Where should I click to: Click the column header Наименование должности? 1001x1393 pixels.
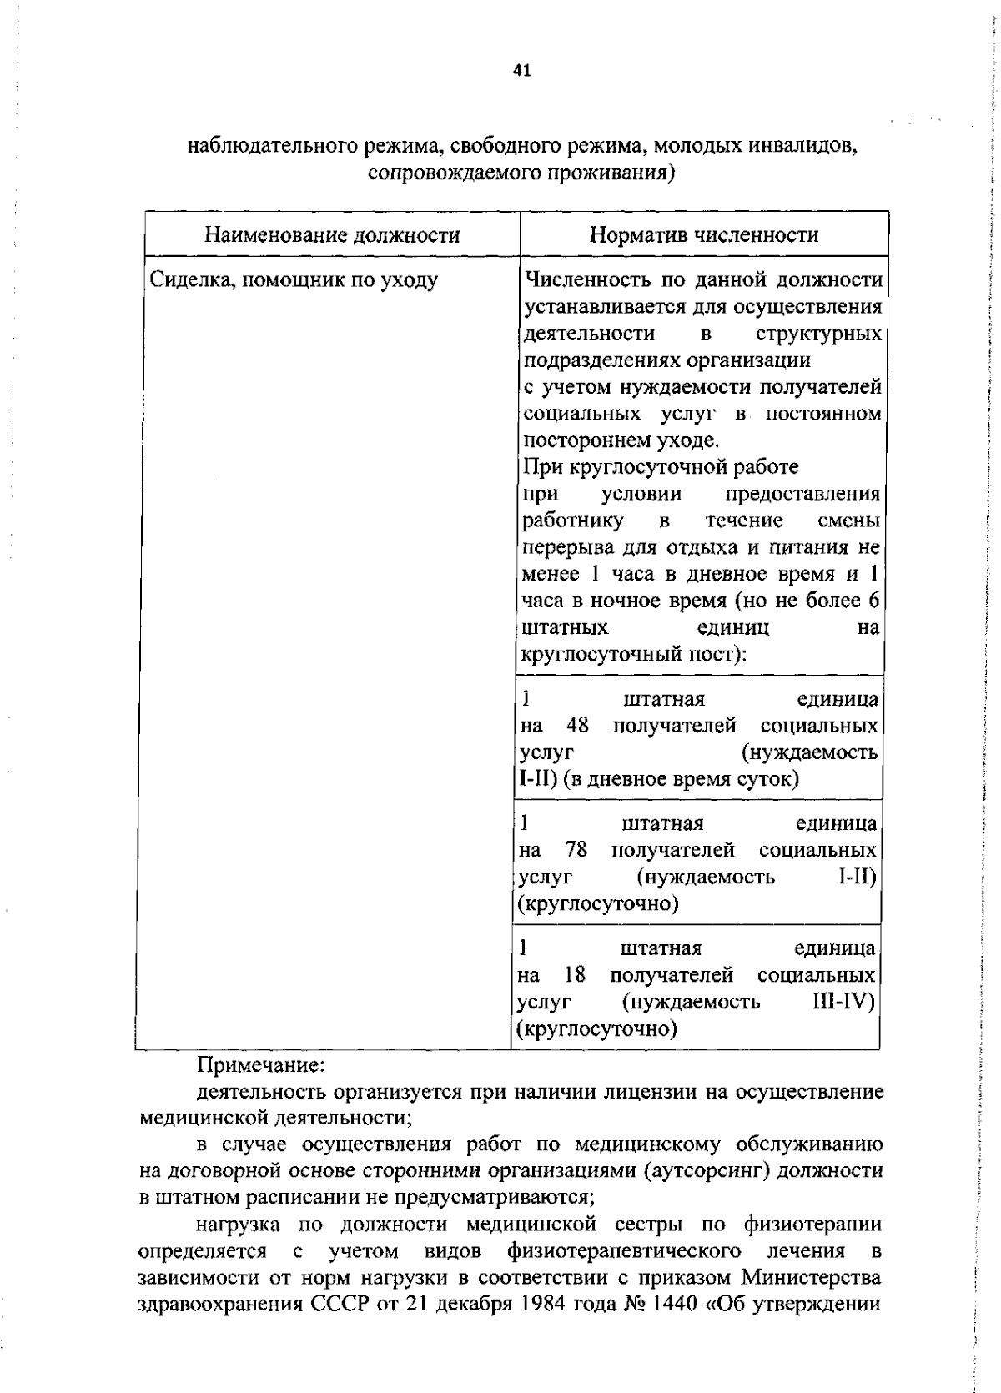(x=332, y=235)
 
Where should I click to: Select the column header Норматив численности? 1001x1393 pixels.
(x=703, y=235)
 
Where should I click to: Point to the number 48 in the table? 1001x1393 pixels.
(x=576, y=725)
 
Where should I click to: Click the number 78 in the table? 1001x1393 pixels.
(x=576, y=850)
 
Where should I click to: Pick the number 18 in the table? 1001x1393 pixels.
(x=575, y=974)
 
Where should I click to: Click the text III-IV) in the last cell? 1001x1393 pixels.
(x=843, y=1001)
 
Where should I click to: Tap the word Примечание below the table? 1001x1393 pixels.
(x=260, y=1065)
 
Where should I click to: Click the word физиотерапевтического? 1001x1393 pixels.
(x=623, y=1251)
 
